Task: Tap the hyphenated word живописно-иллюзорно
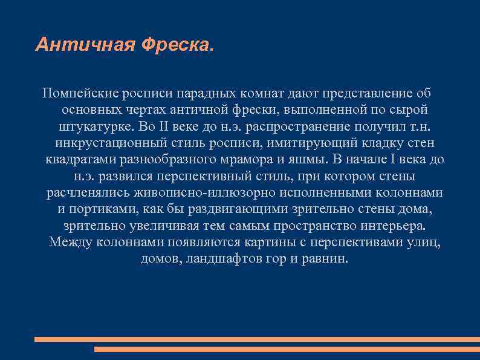pyautogui.click(x=218, y=193)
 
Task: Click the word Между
pyautogui.click(x=70, y=242)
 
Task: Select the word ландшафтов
pyautogui.click(x=222, y=258)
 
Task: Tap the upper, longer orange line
pyautogui.click(x=257, y=339)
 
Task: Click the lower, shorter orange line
pyautogui.click(x=287, y=349)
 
